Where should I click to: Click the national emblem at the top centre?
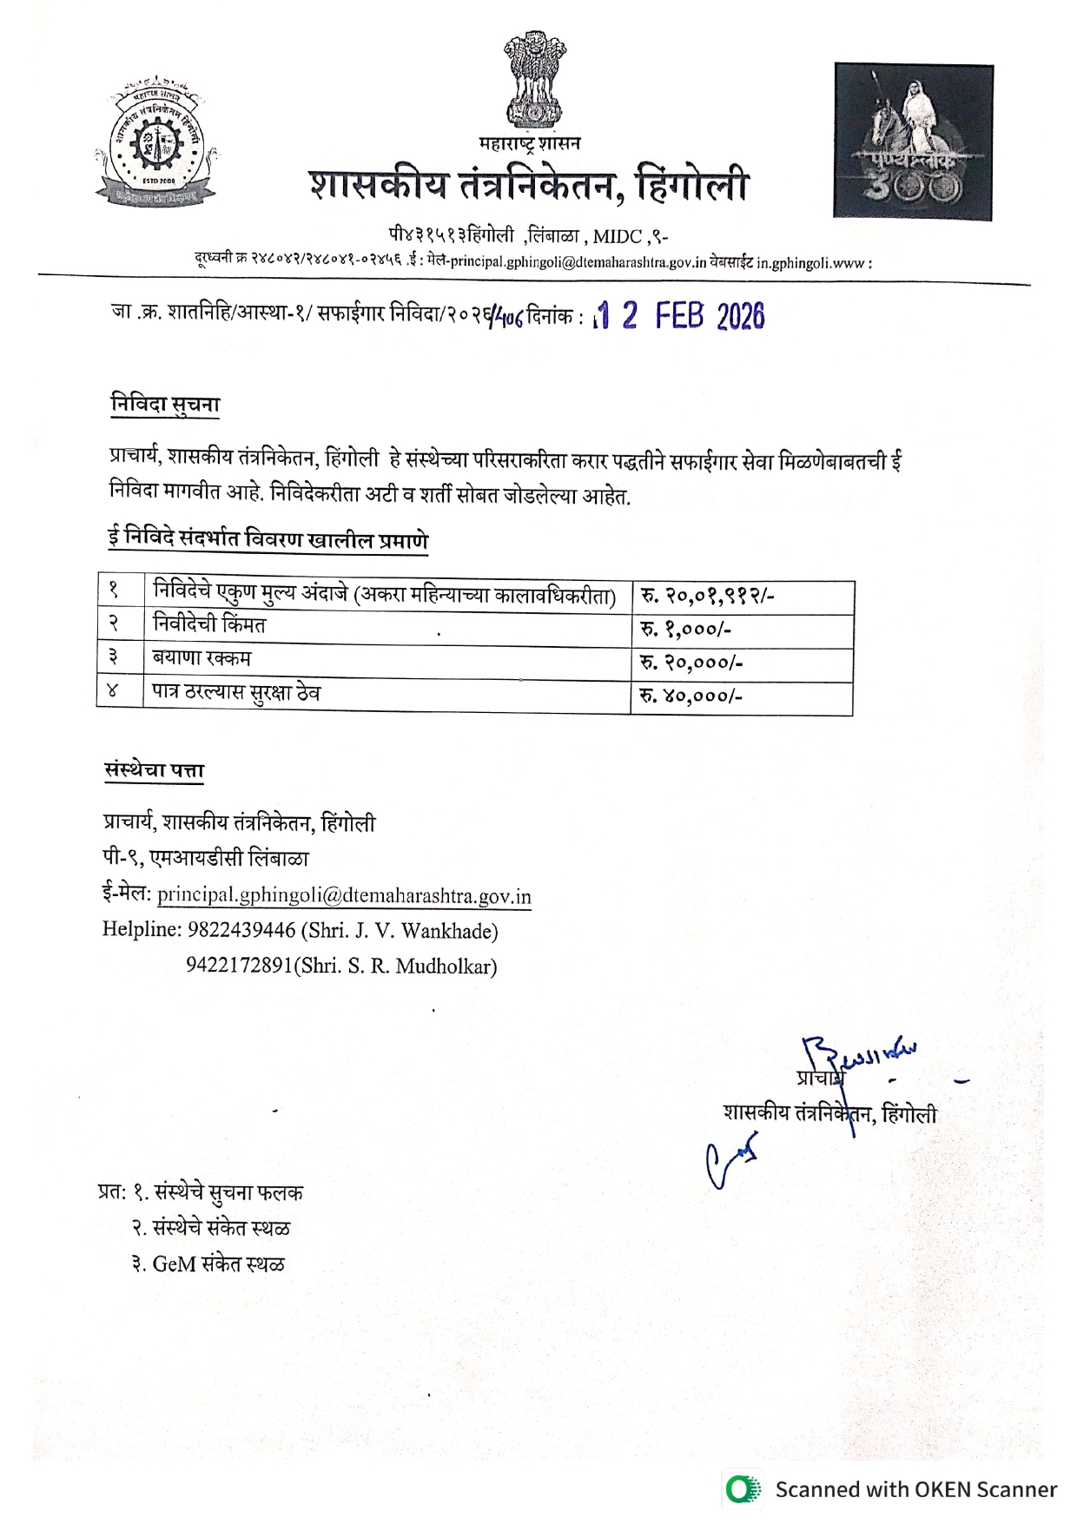click(x=534, y=80)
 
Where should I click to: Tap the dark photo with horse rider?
click(x=913, y=141)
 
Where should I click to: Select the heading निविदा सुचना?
click(x=165, y=405)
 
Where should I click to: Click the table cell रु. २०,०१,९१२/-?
click(x=707, y=597)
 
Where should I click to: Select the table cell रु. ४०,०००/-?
click(x=691, y=696)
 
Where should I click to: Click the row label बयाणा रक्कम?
click(x=202, y=658)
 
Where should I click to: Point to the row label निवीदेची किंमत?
click(x=209, y=624)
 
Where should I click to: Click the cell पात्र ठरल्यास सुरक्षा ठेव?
click(x=236, y=693)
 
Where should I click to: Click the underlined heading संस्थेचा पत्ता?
click(x=154, y=770)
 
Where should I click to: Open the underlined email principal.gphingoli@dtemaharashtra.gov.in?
click(x=344, y=895)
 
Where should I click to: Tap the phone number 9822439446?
click(x=241, y=930)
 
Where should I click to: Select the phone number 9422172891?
click(x=239, y=966)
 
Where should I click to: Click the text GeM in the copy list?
click(x=174, y=1264)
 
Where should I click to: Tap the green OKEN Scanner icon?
click(x=742, y=1489)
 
